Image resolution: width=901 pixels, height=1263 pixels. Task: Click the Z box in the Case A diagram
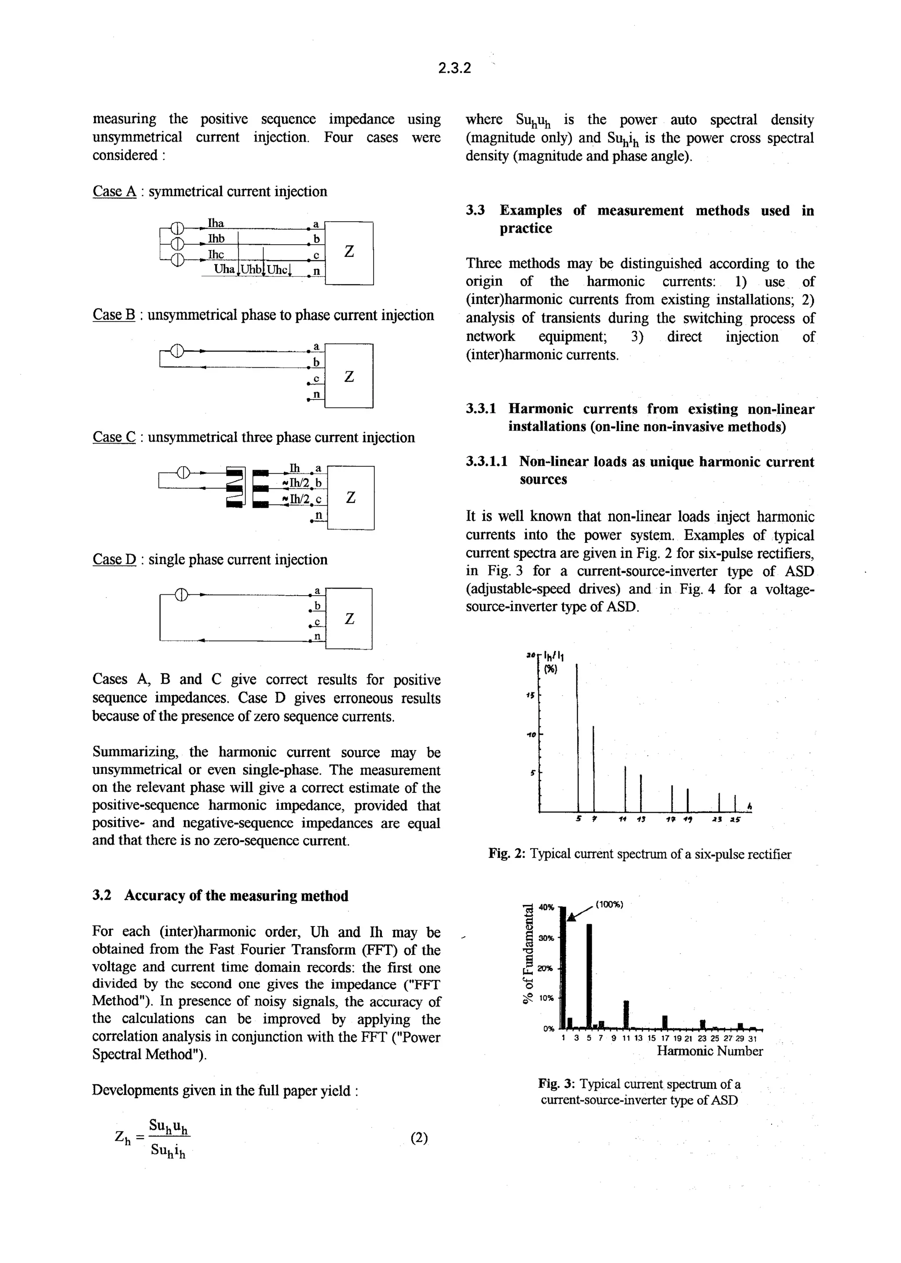[x=349, y=253]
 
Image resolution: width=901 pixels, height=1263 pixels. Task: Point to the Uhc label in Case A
[x=278, y=270]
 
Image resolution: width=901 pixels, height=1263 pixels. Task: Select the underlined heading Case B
[x=114, y=315]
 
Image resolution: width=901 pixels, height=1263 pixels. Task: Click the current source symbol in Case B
[x=176, y=351]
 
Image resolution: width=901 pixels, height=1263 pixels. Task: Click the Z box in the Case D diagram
[x=349, y=619]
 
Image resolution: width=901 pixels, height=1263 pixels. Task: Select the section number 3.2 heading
[x=102, y=897]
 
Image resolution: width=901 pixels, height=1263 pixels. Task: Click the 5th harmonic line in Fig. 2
[x=578, y=738]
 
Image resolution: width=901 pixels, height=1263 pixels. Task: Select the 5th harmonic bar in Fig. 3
[x=589, y=976]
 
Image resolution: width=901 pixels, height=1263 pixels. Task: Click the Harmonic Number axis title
[x=709, y=1051]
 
